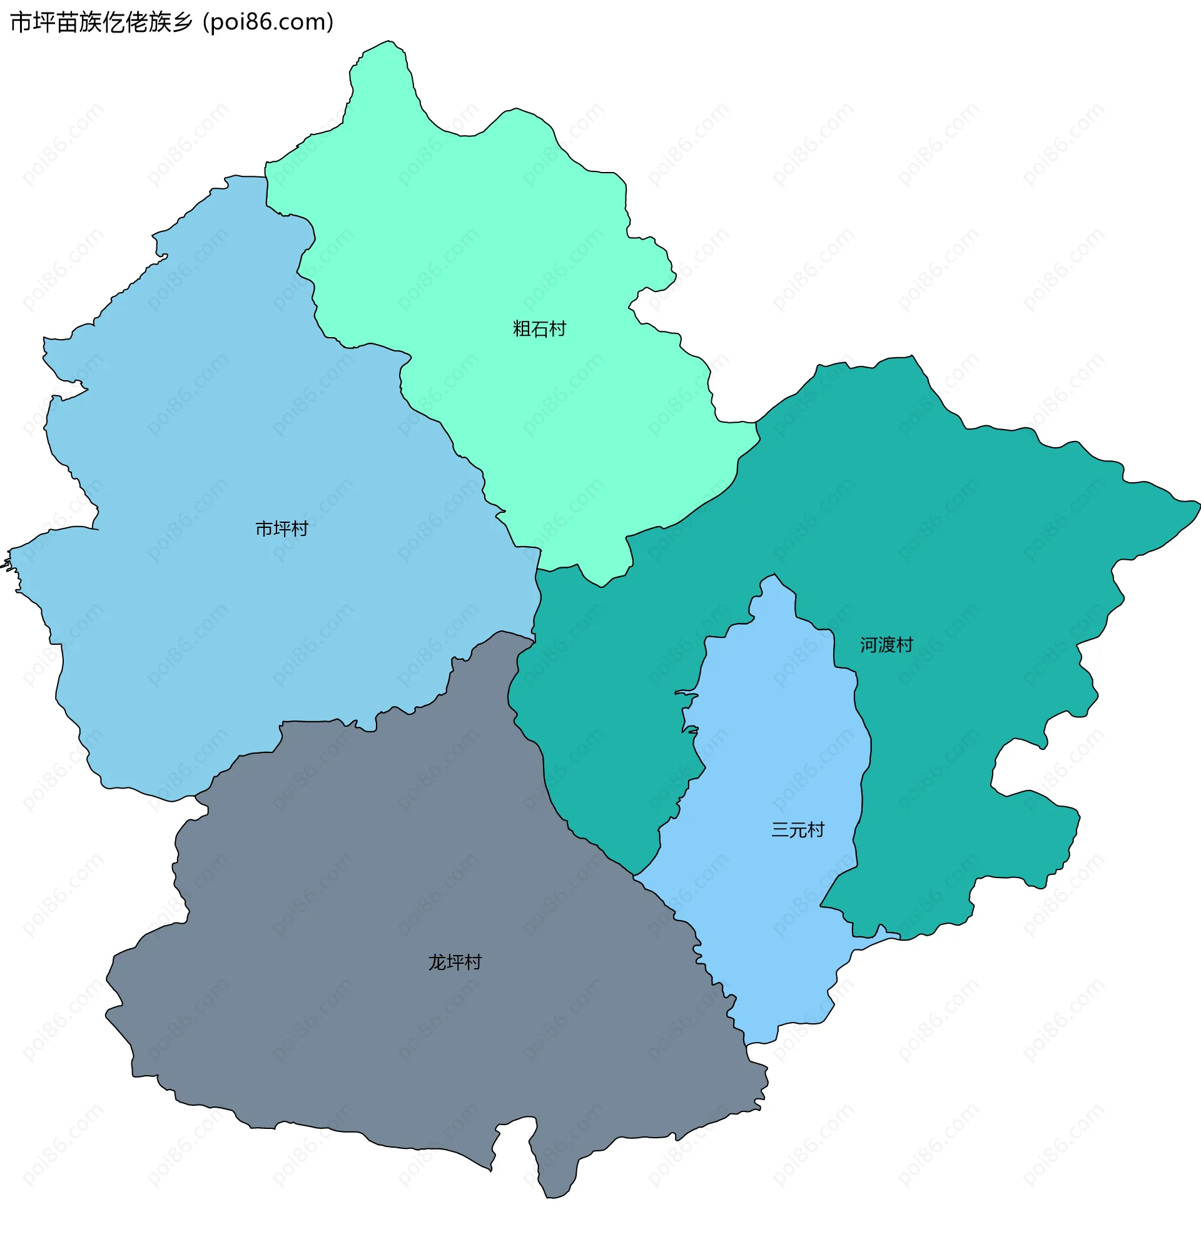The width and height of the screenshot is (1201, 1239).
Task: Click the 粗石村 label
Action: pos(539,329)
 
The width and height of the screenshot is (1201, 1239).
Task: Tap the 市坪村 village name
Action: pos(281,528)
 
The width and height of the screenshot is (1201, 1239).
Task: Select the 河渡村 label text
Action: pos(886,645)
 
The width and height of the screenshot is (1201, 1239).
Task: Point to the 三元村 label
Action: pos(798,830)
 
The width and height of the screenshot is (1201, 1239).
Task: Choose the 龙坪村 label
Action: pos(455,962)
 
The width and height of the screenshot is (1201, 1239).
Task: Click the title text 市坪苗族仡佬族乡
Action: pos(101,22)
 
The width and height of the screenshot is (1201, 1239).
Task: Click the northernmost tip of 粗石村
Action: pos(387,42)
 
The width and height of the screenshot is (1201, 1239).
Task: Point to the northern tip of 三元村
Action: pos(774,575)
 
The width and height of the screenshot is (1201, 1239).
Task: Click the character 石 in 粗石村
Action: pos(539,329)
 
